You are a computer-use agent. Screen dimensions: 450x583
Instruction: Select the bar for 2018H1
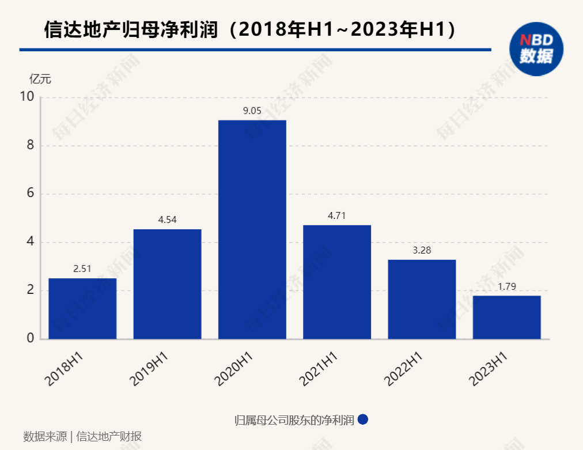(x=82, y=308)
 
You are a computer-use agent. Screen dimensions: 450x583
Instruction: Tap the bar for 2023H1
(x=506, y=317)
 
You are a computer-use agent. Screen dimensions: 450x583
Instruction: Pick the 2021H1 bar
(x=337, y=282)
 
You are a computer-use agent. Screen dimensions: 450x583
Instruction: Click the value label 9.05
(x=252, y=111)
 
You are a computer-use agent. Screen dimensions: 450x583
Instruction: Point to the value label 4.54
(x=167, y=220)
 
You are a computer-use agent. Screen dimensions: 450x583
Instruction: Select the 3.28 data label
(x=422, y=251)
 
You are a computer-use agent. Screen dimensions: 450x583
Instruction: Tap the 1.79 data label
(x=506, y=286)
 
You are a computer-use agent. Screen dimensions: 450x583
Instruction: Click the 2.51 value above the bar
(x=82, y=269)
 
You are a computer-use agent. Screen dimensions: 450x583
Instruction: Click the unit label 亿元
(x=40, y=80)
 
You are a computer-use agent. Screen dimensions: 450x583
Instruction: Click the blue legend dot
(x=363, y=420)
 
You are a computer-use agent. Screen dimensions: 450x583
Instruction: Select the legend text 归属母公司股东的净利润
(x=294, y=420)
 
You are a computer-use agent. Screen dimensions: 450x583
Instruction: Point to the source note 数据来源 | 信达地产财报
(x=82, y=436)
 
